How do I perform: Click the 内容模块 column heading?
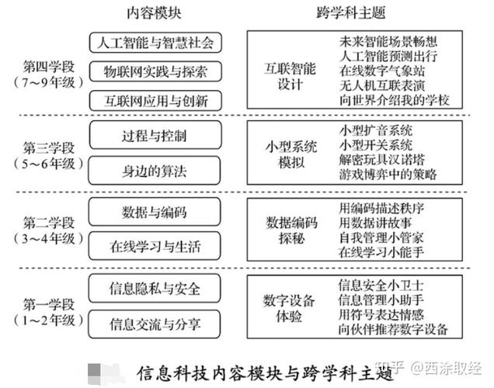pyautogui.click(x=154, y=13)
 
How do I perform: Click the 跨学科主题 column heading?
pyautogui.click(x=351, y=13)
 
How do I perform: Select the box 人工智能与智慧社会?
pyautogui.click(x=155, y=43)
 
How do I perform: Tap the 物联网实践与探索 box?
pyautogui.click(x=155, y=71)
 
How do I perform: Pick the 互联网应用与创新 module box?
pyautogui.click(x=155, y=101)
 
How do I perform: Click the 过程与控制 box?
pyautogui.click(x=155, y=135)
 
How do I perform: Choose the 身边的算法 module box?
pyautogui.click(x=155, y=170)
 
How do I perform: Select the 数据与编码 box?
pyautogui.click(x=155, y=212)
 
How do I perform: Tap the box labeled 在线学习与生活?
pyautogui.click(x=155, y=246)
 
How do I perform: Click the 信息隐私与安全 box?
pyautogui.click(x=155, y=288)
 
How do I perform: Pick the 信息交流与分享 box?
pyautogui.click(x=155, y=324)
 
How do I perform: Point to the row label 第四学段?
pyautogui.click(x=49, y=67)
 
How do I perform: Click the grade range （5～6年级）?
pyautogui.click(x=49, y=164)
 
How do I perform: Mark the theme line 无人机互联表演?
pyautogui.click(x=382, y=85)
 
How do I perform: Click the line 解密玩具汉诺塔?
pyautogui.click(x=382, y=160)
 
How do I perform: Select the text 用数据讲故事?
pyautogui.click(x=375, y=223)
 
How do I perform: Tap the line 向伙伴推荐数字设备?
pyautogui.click(x=393, y=329)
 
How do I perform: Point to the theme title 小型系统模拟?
pyautogui.click(x=291, y=154)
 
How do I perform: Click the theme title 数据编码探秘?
pyautogui.click(x=291, y=230)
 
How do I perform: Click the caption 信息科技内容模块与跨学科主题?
pyautogui.click(x=266, y=373)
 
